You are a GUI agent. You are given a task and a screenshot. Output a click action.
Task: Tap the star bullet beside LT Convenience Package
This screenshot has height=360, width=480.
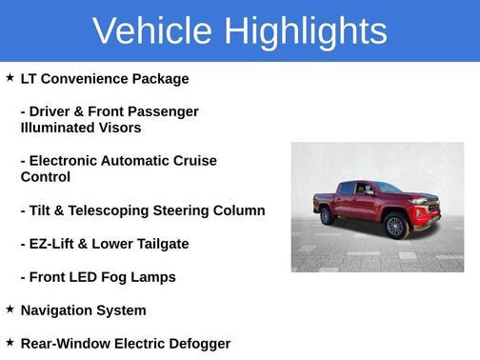[x=10, y=78]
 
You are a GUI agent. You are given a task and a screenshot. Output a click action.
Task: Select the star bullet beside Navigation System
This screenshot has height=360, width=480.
[x=10, y=310]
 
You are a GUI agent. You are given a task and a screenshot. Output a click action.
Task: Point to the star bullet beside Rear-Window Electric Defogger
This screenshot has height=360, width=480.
[x=10, y=342]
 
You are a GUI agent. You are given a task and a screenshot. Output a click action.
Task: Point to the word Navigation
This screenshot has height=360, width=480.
[x=60, y=310]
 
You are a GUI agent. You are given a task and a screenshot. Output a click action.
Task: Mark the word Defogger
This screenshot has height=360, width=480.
[x=195, y=343]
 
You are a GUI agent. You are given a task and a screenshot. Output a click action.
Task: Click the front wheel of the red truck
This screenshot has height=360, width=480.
[x=394, y=227]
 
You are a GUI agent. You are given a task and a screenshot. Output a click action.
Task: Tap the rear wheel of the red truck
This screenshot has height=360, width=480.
[x=329, y=216]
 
